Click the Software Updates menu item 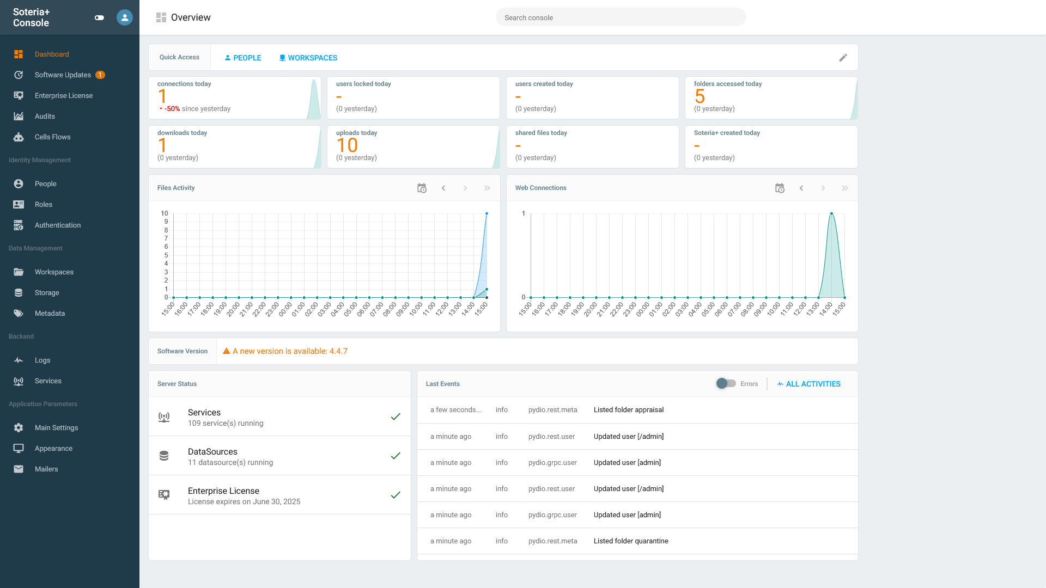pyautogui.click(x=63, y=75)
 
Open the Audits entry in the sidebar pyautogui.click(x=45, y=117)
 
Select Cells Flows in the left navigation pyautogui.click(x=52, y=137)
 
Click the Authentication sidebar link pyautogui.click(x=57, y=225)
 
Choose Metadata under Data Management pyautogui.click(x=50, y=314)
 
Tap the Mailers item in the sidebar pyautogui.click(x=46, y=469)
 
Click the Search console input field pyautogui.click(x=621, y=17)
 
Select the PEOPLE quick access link pyautogui.click(x=243, y=58)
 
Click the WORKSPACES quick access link pyautogui.click(x=308, y=58)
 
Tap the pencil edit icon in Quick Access pyautogui.click(x=843, y=58)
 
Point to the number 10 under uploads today pyautogui.click(x=347, y=145)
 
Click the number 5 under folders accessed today pyautogui.click(x=700, y=96)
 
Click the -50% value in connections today pyautogui.click(x=172, y=109)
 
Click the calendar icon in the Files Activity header pyautogui.click(x=422, y=188)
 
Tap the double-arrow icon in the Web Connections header pyautogui.click(x=845, y=188)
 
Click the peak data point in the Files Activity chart pyautogui.click(x=486, y=213)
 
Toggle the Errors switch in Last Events pyautogui.click(x=726, y=384)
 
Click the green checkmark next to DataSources pyautogui.click(x=396, y=456)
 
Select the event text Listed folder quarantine pyautogui.click(x=631, y=541)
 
